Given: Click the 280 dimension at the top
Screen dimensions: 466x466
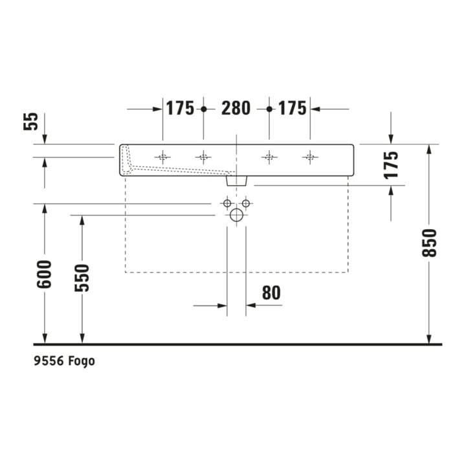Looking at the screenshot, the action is [x=236, y=108].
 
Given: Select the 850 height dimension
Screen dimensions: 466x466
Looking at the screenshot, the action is [x=429, y=243].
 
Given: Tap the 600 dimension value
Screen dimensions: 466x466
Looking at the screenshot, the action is [x=44, y=274].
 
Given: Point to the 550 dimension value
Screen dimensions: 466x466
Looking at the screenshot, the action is [x=82, y=278].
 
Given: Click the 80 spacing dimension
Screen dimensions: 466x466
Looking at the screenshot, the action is [x=271, y=293].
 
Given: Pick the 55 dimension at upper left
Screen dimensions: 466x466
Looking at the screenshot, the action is [x=31, y=121].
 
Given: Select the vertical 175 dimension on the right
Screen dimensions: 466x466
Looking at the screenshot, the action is [x=391, y=165].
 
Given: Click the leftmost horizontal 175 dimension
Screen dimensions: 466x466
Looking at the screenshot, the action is [x=180, y=108].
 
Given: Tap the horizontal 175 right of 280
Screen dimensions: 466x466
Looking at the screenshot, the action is [x=292, y=108].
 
